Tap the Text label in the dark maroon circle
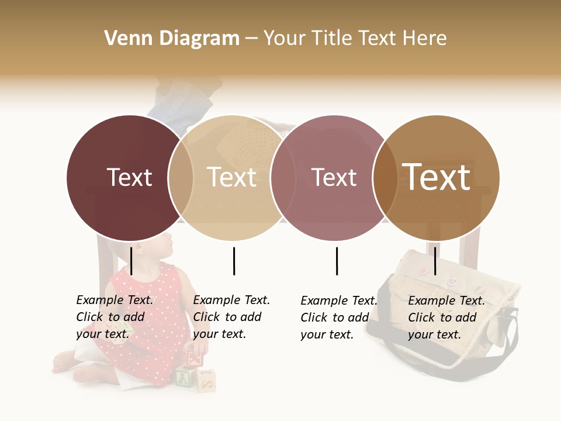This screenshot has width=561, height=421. pyautogui.click(x=129, y=177)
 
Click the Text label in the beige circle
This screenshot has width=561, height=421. pyautogui.click(x=232, y=177)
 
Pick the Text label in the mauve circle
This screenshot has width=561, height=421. pyautogui.click(x=334, y=177)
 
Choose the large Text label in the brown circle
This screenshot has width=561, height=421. pyautogui.click(x=437, y=177)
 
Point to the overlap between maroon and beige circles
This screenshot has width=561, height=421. pyautogui.click(x=181, y=178)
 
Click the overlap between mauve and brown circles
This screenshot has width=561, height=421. pyautogui.click(x=385, y=178)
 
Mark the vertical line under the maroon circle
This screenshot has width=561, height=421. pyautogui.click(x=131, y=261)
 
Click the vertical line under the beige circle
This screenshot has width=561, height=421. pyautogui.click(x=234, y=261)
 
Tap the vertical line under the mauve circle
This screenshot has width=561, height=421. pyautogui.click(x=337, y=261)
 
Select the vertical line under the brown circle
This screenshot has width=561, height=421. pyautogui.click(x=435, y=261)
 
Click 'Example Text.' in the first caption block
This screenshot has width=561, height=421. pyautogui.click(x=115, y=300)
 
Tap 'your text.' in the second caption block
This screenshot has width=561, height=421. pyautogui.click(x=219, y=334)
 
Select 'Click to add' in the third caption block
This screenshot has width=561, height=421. pyautogui.click(x=335, y=318)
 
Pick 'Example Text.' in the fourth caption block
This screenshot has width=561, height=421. pyautogui.click(x=446, y=301)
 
